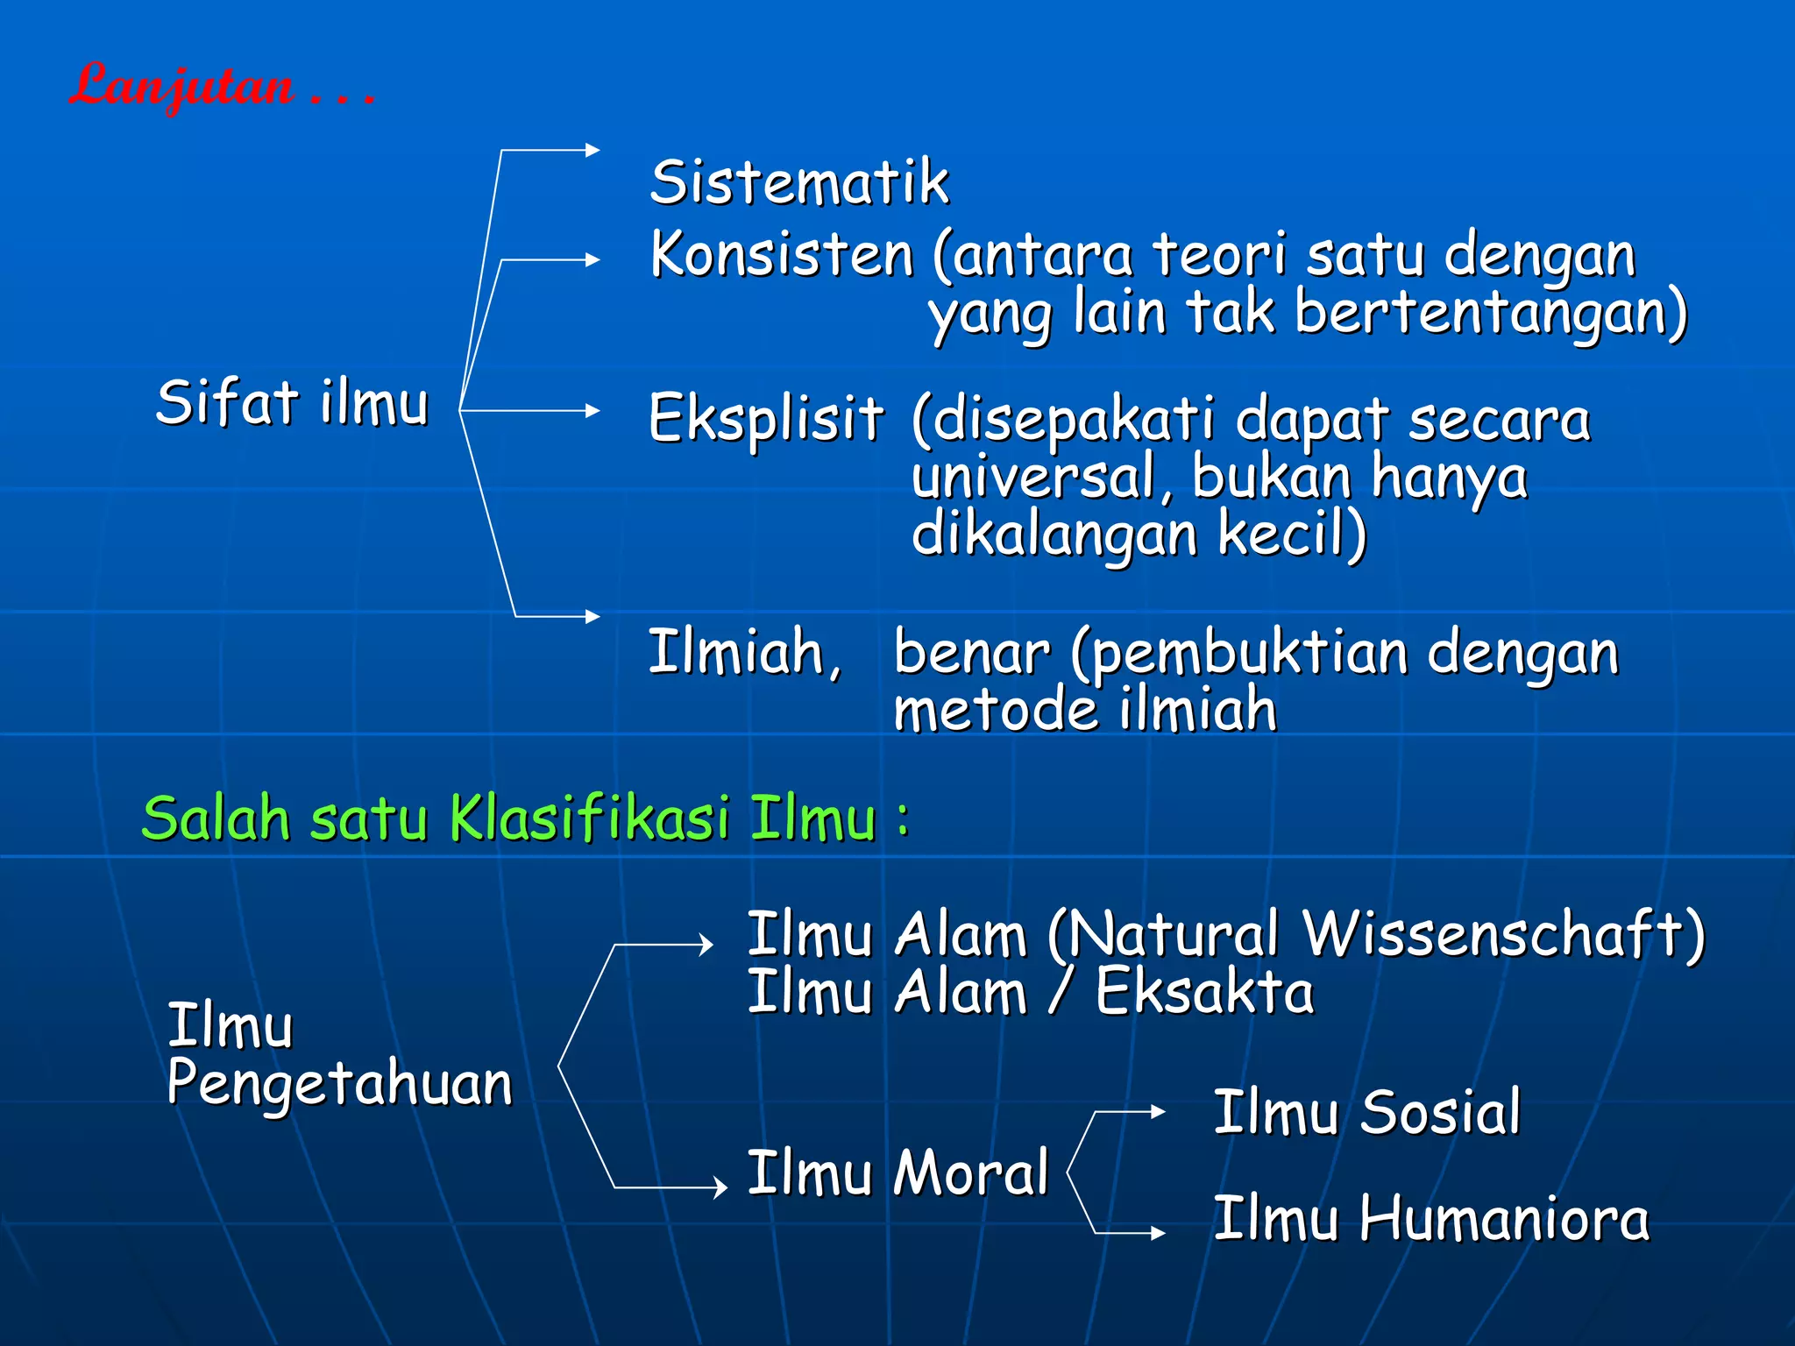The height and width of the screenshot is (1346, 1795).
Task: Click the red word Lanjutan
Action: (x=182, y=86)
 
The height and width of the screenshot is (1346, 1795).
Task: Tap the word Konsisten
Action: (x=782, y=255)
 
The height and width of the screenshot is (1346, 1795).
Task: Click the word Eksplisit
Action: (x=766, y=418)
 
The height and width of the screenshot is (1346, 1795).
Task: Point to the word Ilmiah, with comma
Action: (x=745, y=653)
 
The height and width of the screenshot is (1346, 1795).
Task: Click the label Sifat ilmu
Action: (x=292, y=403)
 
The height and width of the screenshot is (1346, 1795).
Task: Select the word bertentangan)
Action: (x=1490, y=313)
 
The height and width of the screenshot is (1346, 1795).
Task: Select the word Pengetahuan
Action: (x=339, y=1083)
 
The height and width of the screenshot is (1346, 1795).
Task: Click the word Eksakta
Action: (x=1204, y=992)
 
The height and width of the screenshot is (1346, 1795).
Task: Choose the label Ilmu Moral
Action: (x=897, y=1172)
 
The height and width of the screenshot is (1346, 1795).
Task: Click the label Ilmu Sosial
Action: (x=1366, y=1112)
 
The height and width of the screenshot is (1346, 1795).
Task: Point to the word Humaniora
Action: (x=1504, y=1219)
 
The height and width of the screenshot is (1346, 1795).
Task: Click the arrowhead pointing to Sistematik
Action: (x=593, y=150)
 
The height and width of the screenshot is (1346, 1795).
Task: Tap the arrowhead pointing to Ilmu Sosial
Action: (x=1159, y=1111)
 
